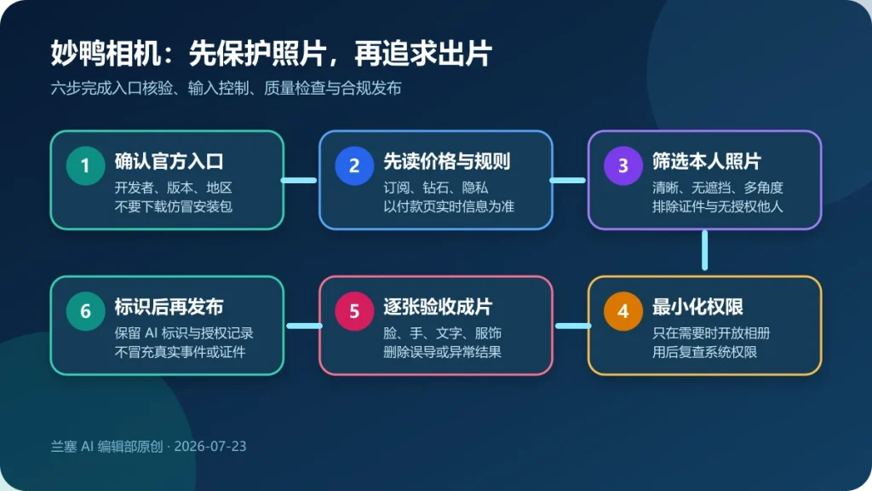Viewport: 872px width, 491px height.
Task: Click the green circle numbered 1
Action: point(85,165)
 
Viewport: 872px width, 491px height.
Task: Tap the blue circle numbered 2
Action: point(354,165)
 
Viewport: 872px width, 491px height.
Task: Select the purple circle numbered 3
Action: point(623,165)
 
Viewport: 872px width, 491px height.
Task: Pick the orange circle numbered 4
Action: point(623,311)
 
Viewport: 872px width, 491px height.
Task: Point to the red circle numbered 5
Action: point(354,311)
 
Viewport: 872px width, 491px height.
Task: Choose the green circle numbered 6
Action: point(85,311)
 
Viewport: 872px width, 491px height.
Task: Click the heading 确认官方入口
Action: point(169,161)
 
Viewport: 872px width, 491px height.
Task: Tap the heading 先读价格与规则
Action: point(447,161)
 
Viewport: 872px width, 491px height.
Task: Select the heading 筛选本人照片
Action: point(707,161)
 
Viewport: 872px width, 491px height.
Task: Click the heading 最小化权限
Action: point(698,307)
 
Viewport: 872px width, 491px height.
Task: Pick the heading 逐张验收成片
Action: point(439,307)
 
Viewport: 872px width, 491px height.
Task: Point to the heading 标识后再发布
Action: point(169,307)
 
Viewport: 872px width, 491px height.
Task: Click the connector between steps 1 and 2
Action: point(299,181)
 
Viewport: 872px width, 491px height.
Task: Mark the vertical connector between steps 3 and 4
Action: point(704,250)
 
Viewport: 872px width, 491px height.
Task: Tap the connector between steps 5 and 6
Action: point(304,326)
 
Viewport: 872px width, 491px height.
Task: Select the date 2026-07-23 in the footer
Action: point(210,447)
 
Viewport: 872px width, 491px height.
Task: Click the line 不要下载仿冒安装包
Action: point(174,206)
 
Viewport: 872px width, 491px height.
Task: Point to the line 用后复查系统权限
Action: point(704,352)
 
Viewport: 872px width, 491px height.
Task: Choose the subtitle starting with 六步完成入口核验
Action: point(227,88)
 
